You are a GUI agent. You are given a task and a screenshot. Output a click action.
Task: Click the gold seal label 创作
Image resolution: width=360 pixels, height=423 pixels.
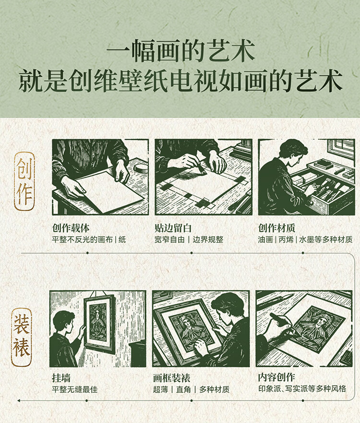(x=24, y=181)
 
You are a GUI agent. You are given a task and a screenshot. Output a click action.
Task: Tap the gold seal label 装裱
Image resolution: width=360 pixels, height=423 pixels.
(x=21, y=337)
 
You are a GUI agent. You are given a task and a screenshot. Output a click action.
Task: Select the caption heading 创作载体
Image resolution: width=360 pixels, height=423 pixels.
(x=71, y=228)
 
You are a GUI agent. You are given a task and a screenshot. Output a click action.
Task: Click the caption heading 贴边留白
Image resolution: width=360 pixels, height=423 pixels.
(x=173, y=228)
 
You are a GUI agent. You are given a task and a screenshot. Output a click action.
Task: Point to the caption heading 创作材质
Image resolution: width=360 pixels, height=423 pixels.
(x=276, y=228)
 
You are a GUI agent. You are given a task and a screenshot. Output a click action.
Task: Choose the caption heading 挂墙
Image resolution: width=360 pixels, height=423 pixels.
(x=61, y=378)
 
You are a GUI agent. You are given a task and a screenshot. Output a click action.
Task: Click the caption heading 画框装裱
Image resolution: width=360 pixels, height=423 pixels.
(x=171, y=378)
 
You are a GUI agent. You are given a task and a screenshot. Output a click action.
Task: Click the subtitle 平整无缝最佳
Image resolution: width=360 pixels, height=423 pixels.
(x=75, y=389)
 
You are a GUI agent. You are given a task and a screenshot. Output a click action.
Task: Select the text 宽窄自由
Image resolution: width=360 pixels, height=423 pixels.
(x=169, y=239)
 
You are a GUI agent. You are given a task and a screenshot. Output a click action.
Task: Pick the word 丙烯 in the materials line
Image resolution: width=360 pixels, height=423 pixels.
(x=286, y=239)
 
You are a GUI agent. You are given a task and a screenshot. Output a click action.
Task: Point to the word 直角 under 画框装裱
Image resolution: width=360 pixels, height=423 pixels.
(x=183, y=389)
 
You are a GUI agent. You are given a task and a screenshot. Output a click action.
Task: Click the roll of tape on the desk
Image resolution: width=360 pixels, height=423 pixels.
(x=141, y=168)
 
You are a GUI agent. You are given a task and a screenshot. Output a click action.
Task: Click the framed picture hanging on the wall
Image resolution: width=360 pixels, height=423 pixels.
(x=99, y=323)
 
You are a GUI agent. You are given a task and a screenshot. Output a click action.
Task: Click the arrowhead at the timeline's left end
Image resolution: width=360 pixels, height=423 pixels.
(x=19, y=400)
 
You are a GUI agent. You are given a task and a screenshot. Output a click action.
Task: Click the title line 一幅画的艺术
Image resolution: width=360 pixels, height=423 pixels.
(x=180, y=50)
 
